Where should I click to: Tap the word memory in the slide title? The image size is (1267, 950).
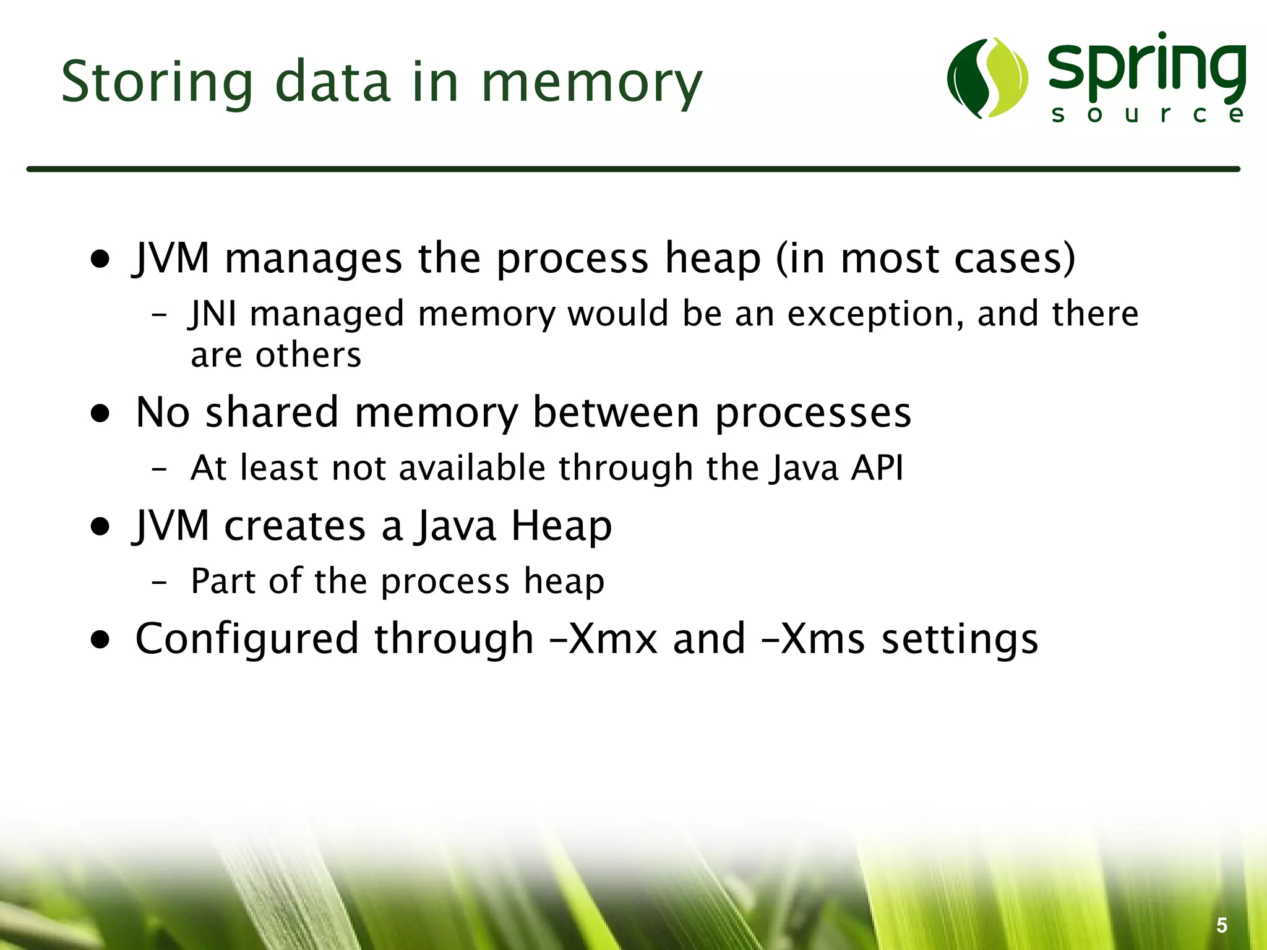[592, 83]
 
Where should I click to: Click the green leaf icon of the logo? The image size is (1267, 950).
[987, 78]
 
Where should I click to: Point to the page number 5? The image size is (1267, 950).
[1222, 925]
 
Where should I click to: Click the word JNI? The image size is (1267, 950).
[213, 314]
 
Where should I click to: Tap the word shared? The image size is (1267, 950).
[272, 412]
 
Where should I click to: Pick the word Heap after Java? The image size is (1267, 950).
[561, 526]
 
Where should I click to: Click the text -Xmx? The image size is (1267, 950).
[604, 638]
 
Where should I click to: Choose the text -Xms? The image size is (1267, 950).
[813, 638]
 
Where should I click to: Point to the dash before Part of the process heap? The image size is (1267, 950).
[159, 583]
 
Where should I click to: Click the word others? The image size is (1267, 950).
[308, 355]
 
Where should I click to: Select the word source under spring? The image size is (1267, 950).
[1147, 114]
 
